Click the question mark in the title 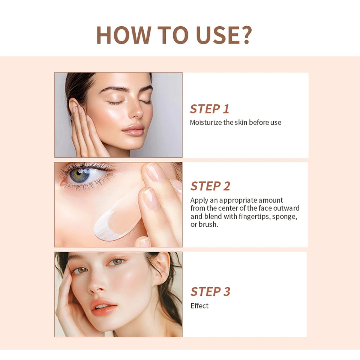(244, 35)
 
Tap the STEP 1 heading (209, 109)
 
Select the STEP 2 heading (210, 186)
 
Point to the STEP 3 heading (210, 291)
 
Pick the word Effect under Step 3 (199, 306)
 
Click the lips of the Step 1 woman (133, 130)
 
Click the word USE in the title (217, 35)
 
